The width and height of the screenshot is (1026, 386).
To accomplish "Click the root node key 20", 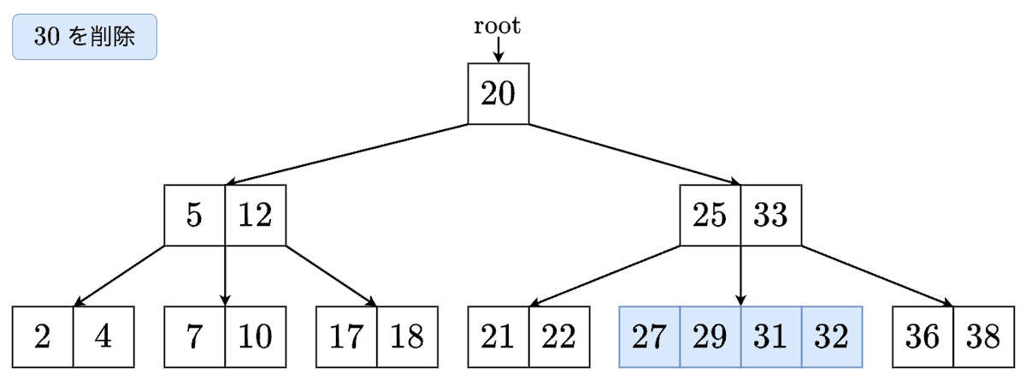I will click(x=498, y=93).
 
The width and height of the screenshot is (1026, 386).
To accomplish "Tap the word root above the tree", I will click(x=498, y=27).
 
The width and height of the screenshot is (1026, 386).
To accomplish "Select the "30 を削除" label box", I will click(x=85, y=37).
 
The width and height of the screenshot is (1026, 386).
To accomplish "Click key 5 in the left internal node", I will click(x=195, y=215).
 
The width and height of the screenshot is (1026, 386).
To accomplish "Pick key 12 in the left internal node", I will click(x=255, y=215).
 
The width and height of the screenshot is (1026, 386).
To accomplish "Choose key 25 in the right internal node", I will click(x=711, y=215).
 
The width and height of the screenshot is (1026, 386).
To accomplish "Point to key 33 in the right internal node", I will click(x=770, y=215).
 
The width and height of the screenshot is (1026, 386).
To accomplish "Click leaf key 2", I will click(x=43, y=337).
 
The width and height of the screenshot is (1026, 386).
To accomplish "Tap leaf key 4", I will click(x=103, y=337).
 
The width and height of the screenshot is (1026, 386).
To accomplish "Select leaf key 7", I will click(x=195, y=337).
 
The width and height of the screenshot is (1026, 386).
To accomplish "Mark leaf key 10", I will click(x=255, y=337).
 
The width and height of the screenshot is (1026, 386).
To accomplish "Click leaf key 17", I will click(x=346, y=337).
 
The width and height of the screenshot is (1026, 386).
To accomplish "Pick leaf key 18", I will click(x=407, y=337).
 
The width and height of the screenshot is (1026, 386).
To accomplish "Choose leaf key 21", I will click(x=498, y=337).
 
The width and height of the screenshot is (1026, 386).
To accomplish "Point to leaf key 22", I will click(x=559, y=337).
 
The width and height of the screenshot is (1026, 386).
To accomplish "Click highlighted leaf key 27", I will click(x=650, y=337).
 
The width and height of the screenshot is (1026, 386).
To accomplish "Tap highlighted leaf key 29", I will click(x=711, y=337).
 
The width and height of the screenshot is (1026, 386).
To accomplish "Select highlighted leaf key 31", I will click(x=770, y=337).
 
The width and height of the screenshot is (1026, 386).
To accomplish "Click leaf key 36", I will click(x=923, y=337).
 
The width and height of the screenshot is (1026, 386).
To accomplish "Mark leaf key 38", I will click(x=983, y=337).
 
